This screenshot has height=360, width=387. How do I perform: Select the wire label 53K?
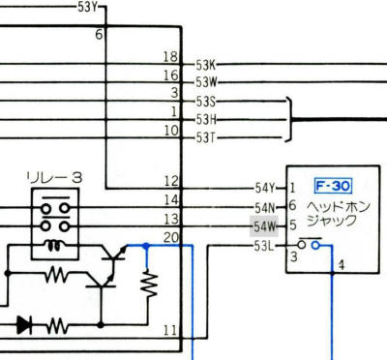pos(207,65)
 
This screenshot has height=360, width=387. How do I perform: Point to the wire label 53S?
pos(206,102)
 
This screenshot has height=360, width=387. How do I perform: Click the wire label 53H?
pos(206,119)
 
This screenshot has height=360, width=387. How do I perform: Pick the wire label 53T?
pos(206,137)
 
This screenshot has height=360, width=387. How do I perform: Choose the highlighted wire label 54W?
pos(264,226)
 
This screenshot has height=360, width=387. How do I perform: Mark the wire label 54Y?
pos(264,188)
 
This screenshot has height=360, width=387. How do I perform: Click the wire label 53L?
pos(264,246)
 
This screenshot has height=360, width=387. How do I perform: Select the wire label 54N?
pos(264,207)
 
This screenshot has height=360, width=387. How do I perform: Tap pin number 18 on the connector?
pos(172,57)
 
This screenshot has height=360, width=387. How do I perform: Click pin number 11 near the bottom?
pos(171,330)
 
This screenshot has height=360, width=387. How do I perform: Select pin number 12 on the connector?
pos(171,181)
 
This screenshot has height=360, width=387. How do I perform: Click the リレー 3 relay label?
pos(54,177)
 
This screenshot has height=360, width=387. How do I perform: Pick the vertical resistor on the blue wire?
pos(148,283)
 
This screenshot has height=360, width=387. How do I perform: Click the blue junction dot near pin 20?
pos(145,246)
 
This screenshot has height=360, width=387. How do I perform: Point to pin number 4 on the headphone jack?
pos(341,264)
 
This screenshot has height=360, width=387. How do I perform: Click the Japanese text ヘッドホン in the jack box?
pos(332,205)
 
